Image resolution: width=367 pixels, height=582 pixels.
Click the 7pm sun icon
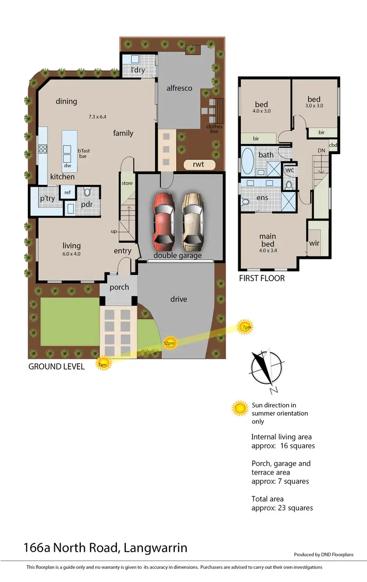pos(245,326)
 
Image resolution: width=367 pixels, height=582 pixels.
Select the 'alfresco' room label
pos(179,88)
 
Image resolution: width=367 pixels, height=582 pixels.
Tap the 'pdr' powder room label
pos(87,204)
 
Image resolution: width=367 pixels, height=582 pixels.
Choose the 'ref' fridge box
pos(68,193)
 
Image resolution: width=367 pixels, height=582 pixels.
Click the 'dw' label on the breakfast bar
pos(68,165)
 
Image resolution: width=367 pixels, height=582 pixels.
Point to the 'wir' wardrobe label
pos(314,243)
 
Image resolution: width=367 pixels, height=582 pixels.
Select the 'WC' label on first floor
pos(289,170)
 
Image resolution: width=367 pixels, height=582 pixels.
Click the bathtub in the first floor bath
pos(248,162)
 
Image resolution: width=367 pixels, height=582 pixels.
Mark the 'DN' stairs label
pos(321,151)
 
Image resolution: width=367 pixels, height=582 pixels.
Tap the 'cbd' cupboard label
pos(333,145)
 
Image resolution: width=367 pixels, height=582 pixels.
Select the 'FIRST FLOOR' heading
pos(261,278)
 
